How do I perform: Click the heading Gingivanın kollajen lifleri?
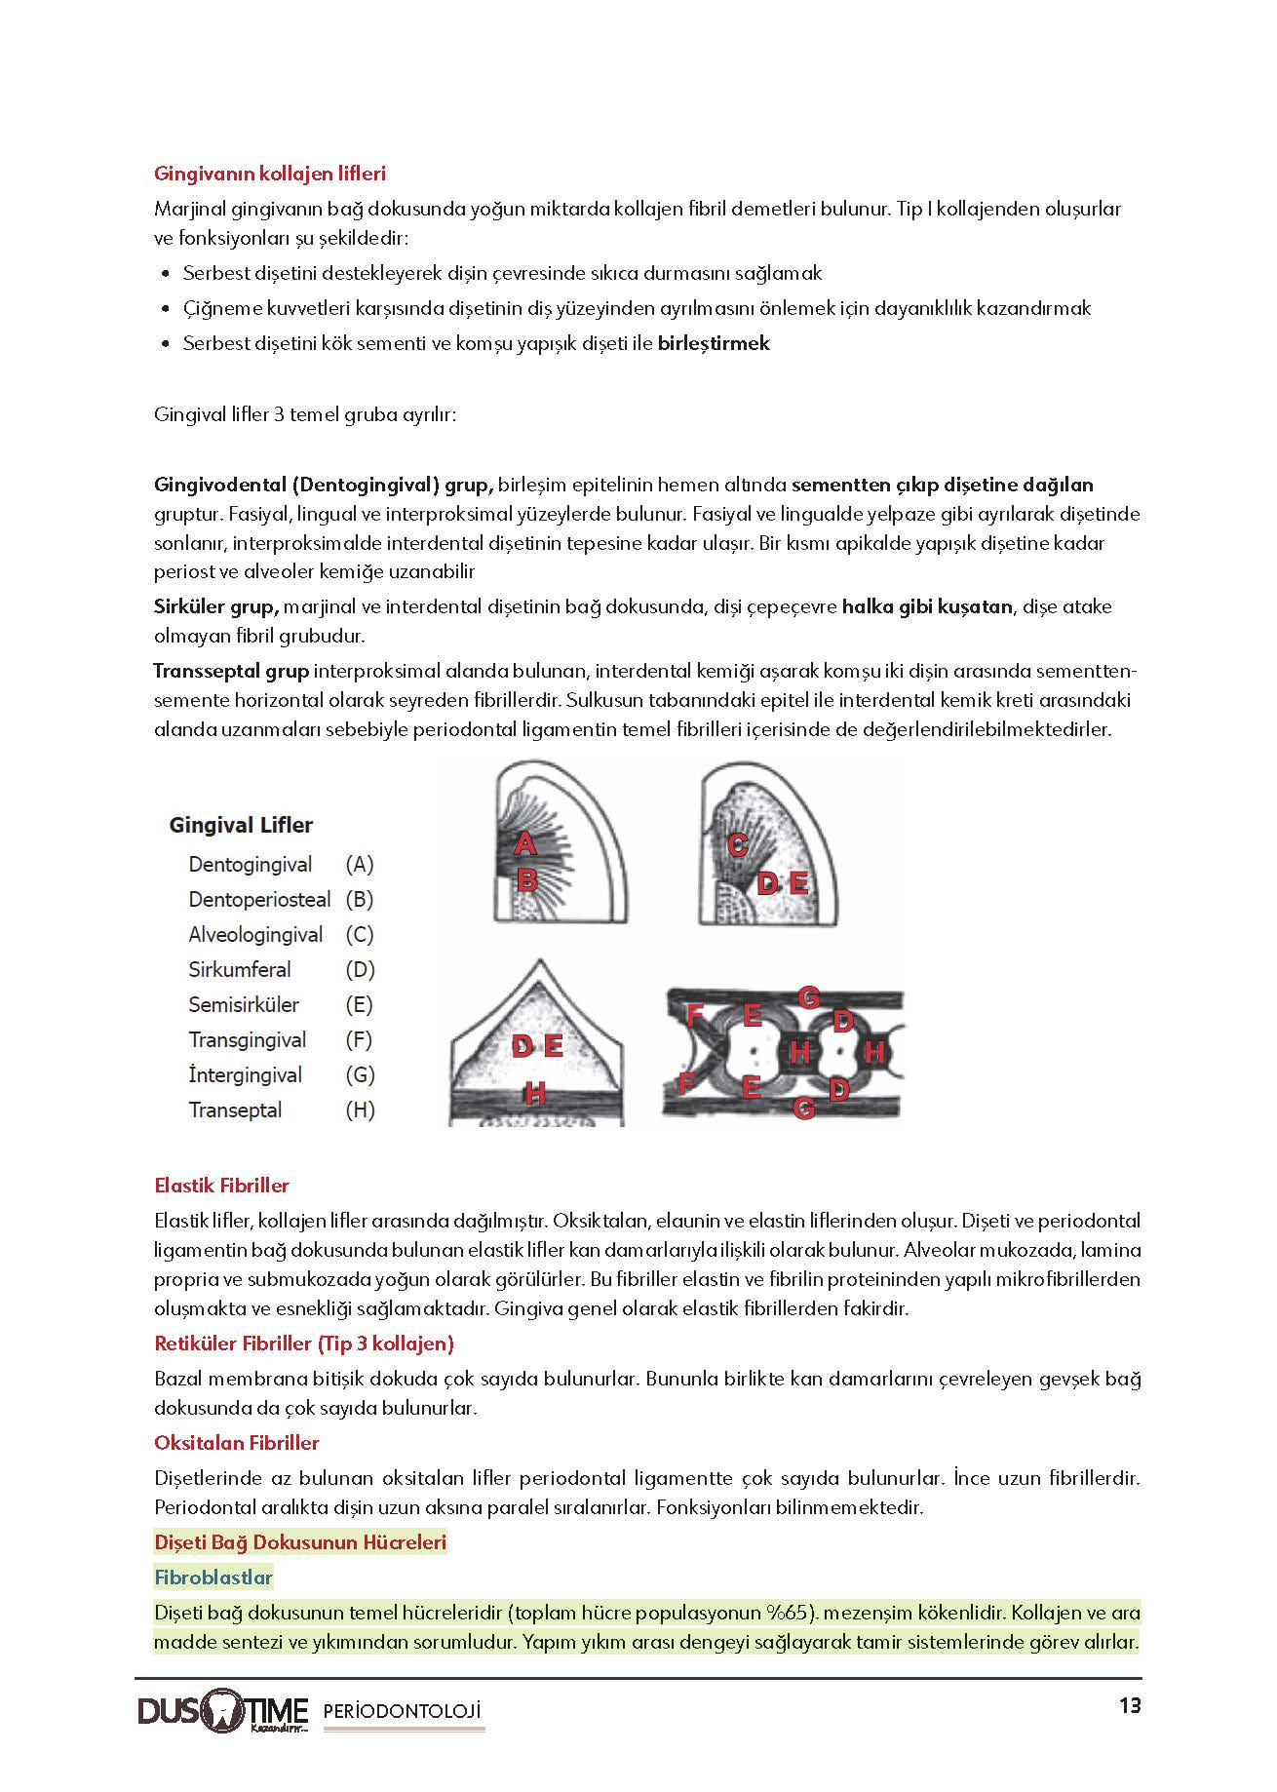(270, 174)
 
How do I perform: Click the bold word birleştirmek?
(714, 343)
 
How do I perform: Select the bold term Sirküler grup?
(216, 606)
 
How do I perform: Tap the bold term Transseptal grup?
(231, 671)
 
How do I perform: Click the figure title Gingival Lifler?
(241, 825)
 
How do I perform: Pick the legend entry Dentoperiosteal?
(259, 899)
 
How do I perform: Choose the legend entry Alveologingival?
(255, 934)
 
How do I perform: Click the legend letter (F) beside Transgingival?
(360, 1039)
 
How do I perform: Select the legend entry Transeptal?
(235, 1110)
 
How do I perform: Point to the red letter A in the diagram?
(524, 843)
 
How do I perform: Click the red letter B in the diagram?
(526, 880)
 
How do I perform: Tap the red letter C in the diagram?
(737, 845)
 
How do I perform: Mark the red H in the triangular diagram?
(534, 1094)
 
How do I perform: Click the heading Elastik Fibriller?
(222, 1186)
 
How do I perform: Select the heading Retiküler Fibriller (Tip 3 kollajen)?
(304, 1344)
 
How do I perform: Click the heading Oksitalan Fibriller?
(237, 1442)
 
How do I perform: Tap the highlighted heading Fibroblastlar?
(213, 1577)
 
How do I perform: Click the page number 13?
(1129, 1706)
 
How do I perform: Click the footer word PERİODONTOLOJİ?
(402, 1711)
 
